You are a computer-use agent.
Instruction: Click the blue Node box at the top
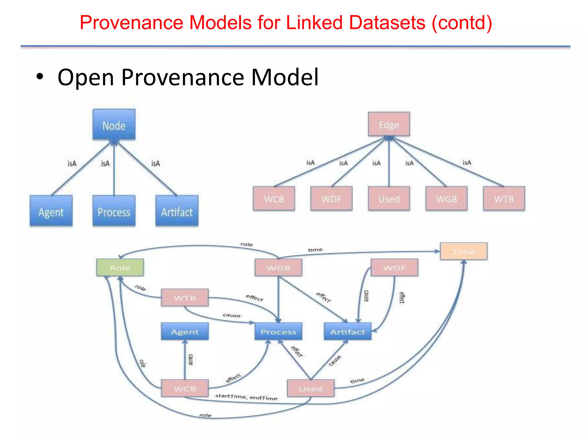tap(114, 125)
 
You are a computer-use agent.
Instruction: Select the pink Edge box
tap(389, 124)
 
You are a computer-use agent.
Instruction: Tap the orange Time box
tap(464, 252)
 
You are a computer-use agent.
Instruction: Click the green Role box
tap(120, 268)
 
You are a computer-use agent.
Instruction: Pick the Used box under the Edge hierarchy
tap(389, 199)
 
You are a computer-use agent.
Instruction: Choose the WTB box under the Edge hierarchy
tap(504, 199)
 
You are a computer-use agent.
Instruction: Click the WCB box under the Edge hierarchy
tap(274, 199)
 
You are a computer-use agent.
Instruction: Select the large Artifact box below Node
tap(177, 211)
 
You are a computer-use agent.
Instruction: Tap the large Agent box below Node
tap(51, 211)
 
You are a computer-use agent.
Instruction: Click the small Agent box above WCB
tap(185, 331)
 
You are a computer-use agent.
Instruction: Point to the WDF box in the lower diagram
tap(394, 268)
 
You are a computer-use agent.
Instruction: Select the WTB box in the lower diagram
tap(185, 298)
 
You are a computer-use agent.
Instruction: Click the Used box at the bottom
tap(311, 388)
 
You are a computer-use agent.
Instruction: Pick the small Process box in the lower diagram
tap(278, 331)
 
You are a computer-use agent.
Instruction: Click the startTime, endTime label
tap(246, 397)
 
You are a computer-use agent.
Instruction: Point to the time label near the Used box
tap(357, 380)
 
